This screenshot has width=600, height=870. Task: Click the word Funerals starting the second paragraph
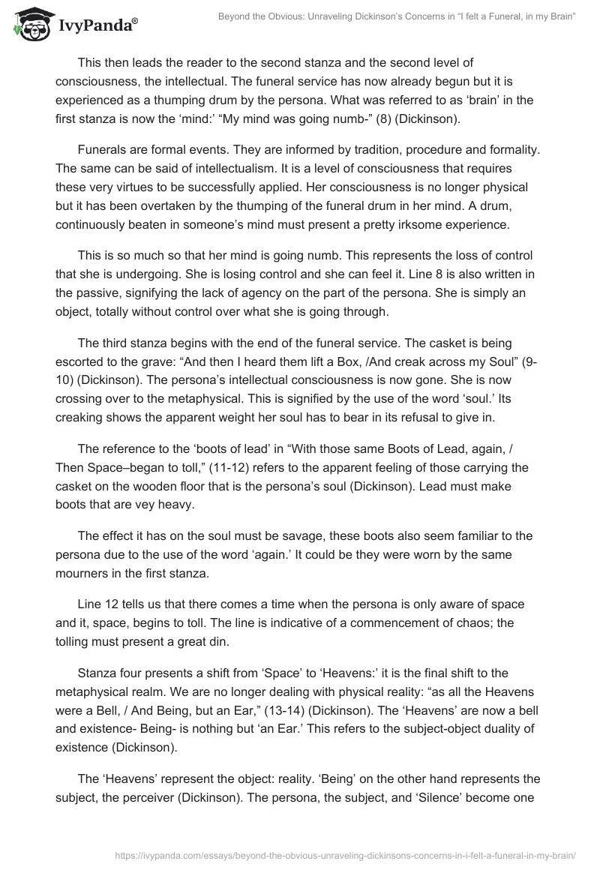(x=105, y=150)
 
